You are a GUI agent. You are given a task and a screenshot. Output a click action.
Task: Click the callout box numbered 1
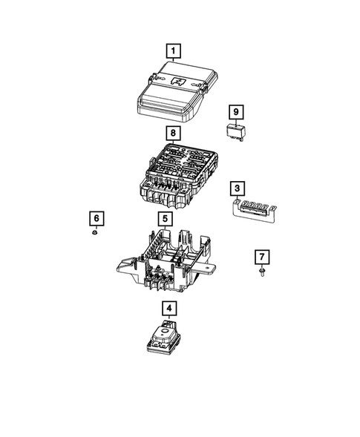click(x=173, y=51)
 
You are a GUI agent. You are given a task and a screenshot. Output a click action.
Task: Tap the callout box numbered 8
click(x=173, y=134)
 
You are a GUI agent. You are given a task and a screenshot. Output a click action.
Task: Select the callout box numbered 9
click(x=235, y=112)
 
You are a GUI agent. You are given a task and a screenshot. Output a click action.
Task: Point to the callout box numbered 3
click(x=235, y=188)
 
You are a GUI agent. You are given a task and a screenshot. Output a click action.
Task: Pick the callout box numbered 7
click(x=262, y=257)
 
